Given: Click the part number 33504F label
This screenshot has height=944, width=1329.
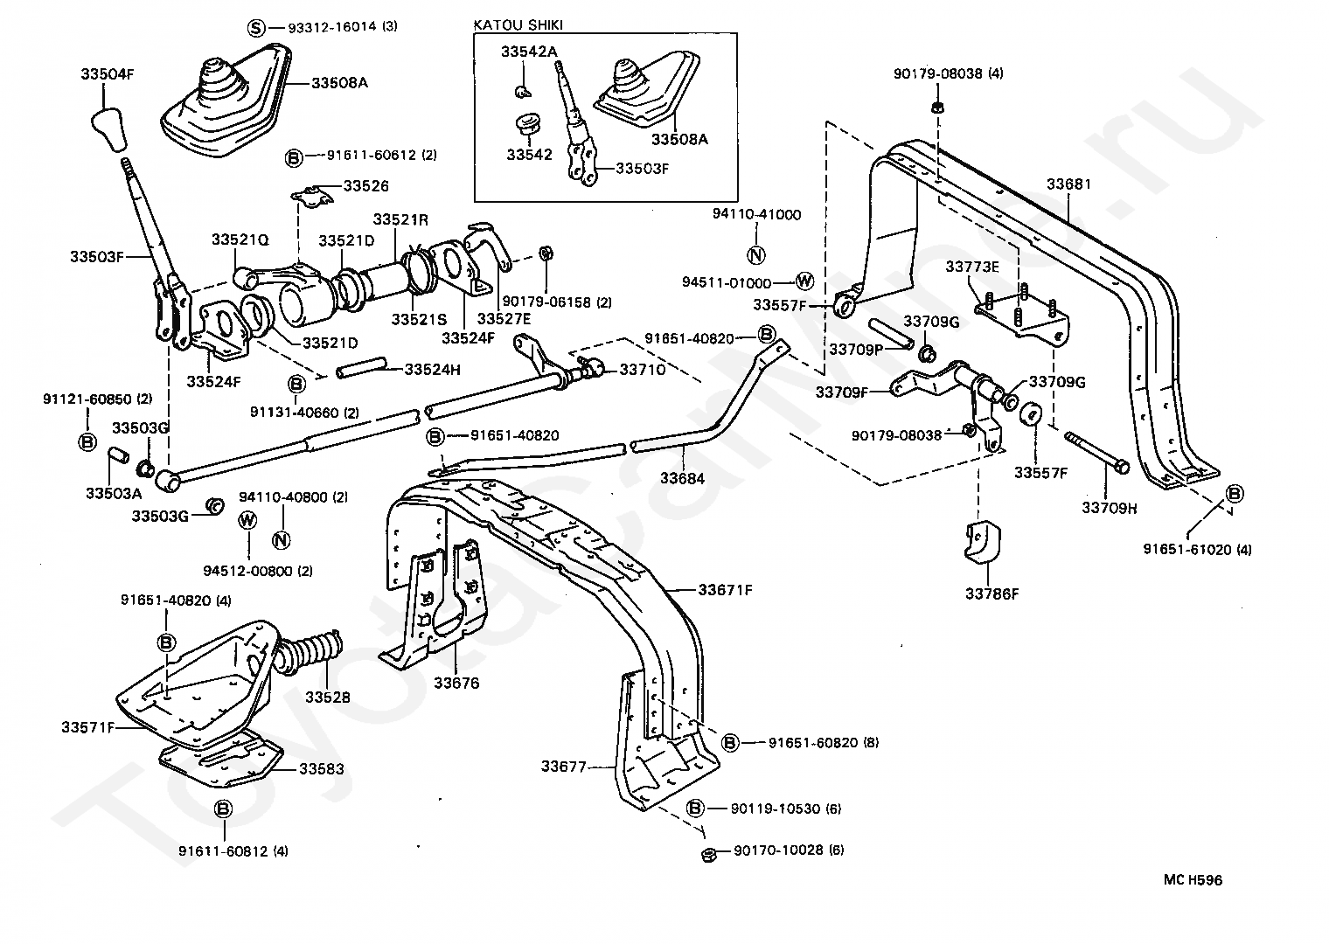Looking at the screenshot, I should click(x=108, y=74).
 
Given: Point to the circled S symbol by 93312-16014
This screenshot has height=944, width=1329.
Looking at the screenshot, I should click(x=255, y=28).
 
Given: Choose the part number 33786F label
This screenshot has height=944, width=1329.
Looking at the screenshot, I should click(x=992, y=593).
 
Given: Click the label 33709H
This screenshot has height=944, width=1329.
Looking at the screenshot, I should click(x=1109, y=508).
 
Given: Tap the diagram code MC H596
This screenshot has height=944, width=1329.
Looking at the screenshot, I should click(x=1192, y=880).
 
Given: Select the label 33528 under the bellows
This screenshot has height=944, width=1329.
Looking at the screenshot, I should click(x=327, y=698).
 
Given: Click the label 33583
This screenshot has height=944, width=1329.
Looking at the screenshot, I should click(x=321, y=769).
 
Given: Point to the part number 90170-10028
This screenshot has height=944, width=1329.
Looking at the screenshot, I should click(x=778, y=850).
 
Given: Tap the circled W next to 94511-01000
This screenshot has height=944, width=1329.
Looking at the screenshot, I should click(x=804, y=281).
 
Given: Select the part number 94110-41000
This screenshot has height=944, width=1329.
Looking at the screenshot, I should click(x=756, y=214).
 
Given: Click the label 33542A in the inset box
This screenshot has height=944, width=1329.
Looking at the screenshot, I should click(x=528, y=52).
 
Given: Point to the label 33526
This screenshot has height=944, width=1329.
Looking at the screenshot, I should click(x=365, y=186).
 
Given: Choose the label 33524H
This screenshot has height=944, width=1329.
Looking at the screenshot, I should click(x=432, y=370).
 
